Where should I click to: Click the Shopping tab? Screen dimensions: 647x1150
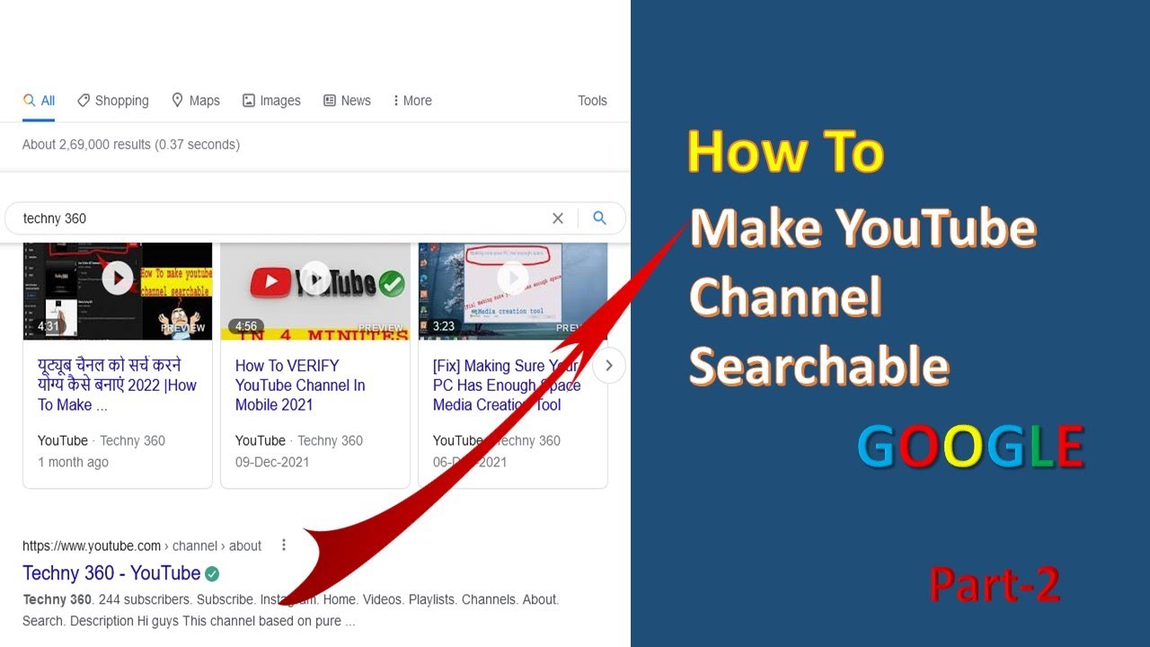tap(113, 101)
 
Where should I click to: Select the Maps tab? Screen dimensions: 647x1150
tap(196, 101)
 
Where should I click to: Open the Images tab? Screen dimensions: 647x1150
tap(271, 101)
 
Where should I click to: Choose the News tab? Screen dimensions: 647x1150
tap(347, 101)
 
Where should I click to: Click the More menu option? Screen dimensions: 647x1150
tap(412, 101)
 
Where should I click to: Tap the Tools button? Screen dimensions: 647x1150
tap(592, 101)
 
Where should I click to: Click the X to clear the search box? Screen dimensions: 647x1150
tap(558, 218)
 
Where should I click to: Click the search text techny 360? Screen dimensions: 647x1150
tap(55, 218)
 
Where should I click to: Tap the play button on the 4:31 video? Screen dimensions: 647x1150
tap(118, 279)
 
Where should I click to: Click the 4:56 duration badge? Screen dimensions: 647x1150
tap(246, 326)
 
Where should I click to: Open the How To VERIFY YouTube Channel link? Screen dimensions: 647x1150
tap(300, 385)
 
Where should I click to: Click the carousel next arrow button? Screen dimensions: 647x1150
tap(609, 366)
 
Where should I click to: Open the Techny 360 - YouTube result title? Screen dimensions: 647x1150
tap(111, 573)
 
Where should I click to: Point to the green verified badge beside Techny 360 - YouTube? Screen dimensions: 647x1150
tap(212, 573)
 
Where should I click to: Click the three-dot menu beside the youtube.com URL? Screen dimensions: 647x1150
tap(284, 545)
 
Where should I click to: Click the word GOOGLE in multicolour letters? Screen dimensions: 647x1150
tap(970, 448)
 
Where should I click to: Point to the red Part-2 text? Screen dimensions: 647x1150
tap(995, 585)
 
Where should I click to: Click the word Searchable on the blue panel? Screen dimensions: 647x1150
tap(818, 366)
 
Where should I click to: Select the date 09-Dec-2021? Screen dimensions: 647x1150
tap(272, 462)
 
